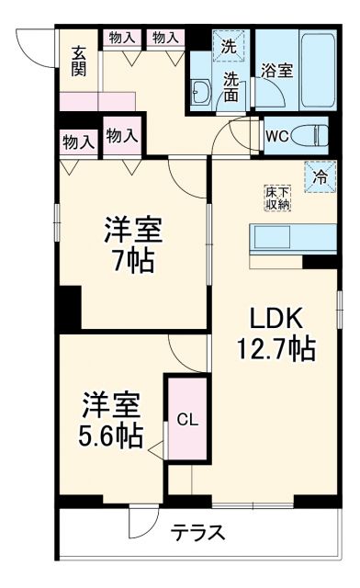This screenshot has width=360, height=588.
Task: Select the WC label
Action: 277,136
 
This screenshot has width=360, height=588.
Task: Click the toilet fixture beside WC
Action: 313,135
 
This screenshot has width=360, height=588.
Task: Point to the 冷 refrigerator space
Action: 321,178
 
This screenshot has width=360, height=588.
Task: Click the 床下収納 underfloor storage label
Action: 278,198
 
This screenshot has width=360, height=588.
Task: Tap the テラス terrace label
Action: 197,535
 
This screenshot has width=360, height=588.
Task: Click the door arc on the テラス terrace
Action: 142,524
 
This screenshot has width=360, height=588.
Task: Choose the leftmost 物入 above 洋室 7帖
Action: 78,142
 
